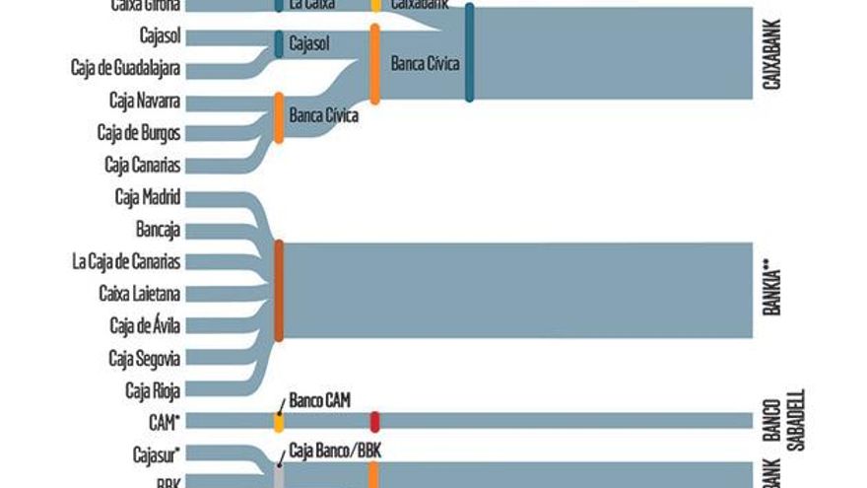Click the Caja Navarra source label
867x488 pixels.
(x=145, y=101)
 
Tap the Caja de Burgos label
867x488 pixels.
(x=139, y=132)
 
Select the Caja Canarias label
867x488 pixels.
(x=143, y=165)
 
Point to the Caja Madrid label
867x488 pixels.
(x=148, y=196)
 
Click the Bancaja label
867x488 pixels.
(x=158, y=229)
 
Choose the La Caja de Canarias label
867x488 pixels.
(x=126, y=261)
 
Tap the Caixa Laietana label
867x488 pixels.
(x=140, y=293)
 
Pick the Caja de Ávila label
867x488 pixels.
(x=145, y=325)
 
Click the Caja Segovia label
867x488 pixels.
(x=145, y=357)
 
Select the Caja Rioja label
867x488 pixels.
(x=153, y=389)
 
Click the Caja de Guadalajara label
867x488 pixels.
(x=126, y=68)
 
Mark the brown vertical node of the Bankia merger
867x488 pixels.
(x=279, y=290)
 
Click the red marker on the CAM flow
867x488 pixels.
(x=374, y=422)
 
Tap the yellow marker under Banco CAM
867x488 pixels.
(x=279, y=422)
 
